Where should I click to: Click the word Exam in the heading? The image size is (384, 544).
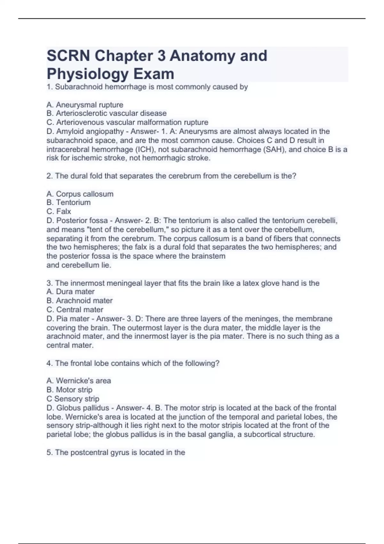(x=154, y=74)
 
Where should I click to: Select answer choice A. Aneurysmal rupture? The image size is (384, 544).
(x=85, y=105)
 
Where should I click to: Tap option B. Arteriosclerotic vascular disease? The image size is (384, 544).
(x=106, y=113)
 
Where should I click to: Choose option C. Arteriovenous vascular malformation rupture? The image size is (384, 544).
(x=127, y=122)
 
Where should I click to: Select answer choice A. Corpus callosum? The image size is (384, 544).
(x=80, y=194)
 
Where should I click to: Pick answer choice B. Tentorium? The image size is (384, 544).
(x=68, y=203)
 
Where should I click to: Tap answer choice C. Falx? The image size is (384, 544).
(x=59, y=212)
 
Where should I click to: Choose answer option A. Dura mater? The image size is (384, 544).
(x=70, y=292)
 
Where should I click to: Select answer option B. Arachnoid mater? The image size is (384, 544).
(x=79, y=300)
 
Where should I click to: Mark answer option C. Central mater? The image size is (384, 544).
(x=75, y=309)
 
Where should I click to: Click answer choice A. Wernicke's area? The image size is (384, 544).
(x=79, y=381)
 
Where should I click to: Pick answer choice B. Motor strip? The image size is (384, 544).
(x=69, y=390)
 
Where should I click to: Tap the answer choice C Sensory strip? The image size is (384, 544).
(x=73, y=399)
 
